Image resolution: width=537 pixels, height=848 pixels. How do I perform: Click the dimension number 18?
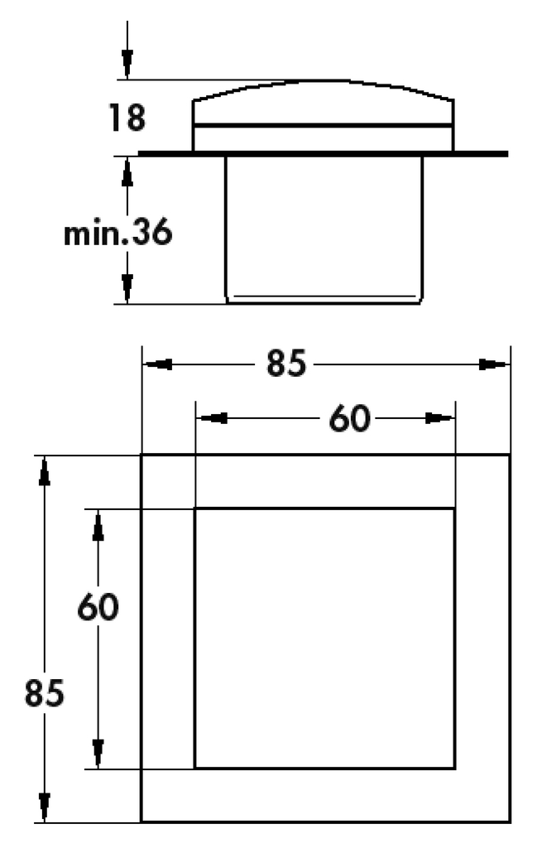(x=127, y=118)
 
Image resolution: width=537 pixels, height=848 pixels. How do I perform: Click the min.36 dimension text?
(x=117, y=232)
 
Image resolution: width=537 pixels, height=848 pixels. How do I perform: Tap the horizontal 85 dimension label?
(x=286, y=364)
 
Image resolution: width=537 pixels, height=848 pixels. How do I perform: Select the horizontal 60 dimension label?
(x=349, y=418)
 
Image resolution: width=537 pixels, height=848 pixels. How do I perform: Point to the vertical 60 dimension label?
(x=98, y=607)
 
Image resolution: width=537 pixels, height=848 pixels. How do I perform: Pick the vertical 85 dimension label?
(x=45, y=693)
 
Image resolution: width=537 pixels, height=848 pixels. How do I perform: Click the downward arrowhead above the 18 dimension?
(x=127, y=65)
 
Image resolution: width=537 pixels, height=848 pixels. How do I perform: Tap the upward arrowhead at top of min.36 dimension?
(x=127, y=172)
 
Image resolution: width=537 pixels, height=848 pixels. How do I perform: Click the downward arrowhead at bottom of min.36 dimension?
(x=127, y=289)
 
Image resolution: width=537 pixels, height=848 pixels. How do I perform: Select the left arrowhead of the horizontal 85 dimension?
(x=158, y=364)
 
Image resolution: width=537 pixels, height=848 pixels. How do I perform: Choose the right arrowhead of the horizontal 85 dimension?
(x=494, y=364)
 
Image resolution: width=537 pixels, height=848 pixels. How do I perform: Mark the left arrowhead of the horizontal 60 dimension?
(x=211, y=418)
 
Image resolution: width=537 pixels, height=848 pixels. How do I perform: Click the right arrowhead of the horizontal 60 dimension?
(x=439, y=418)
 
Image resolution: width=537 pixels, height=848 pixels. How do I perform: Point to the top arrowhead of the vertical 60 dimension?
(x=98, y=526)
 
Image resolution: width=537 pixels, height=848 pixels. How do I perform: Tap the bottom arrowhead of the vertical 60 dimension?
(x=98, y=754)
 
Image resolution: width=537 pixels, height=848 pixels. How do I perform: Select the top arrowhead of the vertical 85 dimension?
(x=45, y=471)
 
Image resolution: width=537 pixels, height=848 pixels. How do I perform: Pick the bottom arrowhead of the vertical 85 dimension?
(x=45, y=807)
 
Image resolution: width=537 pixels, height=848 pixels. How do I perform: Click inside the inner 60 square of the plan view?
(x=324, y=638)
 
